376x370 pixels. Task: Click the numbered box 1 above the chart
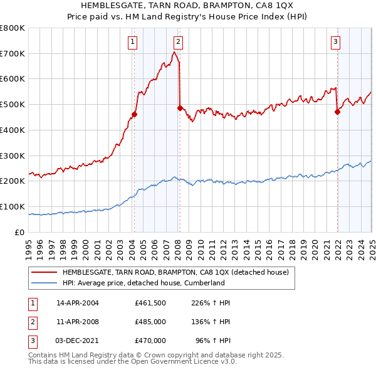(x=133, y=42)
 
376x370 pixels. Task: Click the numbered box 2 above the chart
(x=179, y=42)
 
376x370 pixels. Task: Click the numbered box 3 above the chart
(x=336, y=42)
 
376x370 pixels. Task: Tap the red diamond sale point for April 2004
(x=134, y=114)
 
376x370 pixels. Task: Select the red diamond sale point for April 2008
(x=180, y=108)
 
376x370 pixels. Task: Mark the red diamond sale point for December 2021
(x=337, y=112)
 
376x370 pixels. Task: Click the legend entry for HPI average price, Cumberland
(x=143, y=283)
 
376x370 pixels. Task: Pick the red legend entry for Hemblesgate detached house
(x=175, y=272)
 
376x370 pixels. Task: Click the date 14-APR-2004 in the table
(x=78, y=303)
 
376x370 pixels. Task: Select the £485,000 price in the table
(x=150, y=322)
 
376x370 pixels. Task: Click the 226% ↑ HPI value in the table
(x=212, y=303)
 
